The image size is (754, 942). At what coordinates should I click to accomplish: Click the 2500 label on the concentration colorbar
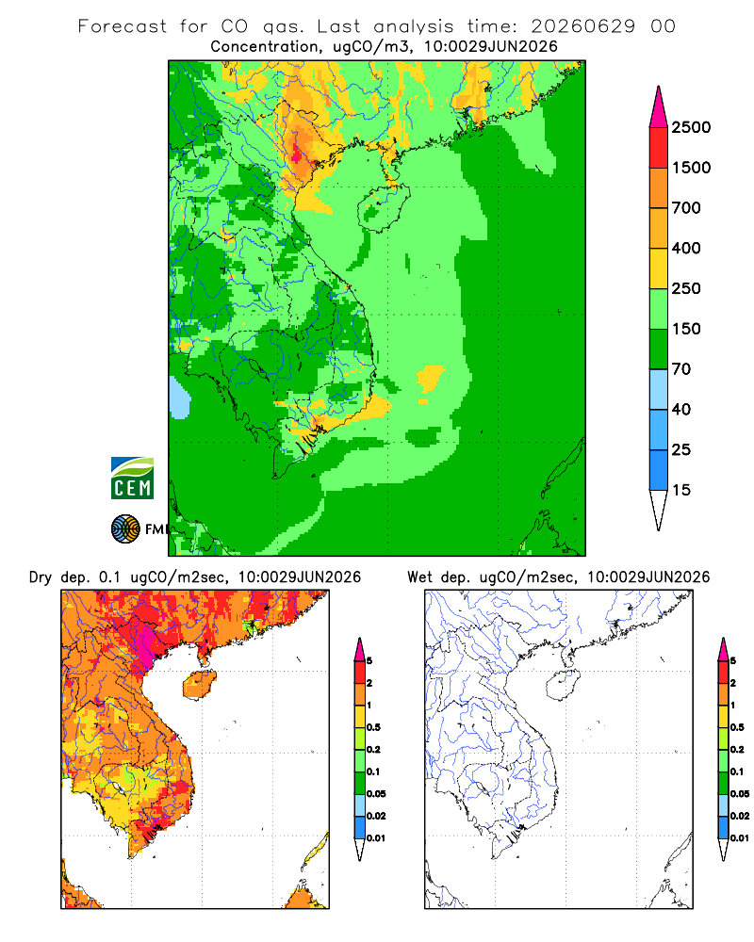point(691,127)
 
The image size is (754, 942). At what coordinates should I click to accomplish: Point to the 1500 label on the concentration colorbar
point(691,168)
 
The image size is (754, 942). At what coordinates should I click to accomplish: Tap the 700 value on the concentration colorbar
point(686,208)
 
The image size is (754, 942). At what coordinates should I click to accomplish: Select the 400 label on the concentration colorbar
point(686,248)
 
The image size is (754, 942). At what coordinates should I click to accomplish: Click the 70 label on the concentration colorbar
point(681,369)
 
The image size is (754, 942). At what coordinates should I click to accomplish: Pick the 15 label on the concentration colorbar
point(681,490)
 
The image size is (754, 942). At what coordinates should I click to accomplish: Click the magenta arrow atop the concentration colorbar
point(659,107)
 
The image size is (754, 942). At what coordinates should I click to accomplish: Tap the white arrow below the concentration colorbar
point(659,510)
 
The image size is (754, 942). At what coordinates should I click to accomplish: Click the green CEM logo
point(132,478)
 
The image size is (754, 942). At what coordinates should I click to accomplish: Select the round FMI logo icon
point(125,529)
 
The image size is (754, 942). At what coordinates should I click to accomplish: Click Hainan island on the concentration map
point(383,208)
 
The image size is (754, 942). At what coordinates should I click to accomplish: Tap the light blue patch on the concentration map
point(179,398)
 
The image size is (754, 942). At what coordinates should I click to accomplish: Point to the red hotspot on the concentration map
point(297,155)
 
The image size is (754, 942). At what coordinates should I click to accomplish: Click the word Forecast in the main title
point(123,26)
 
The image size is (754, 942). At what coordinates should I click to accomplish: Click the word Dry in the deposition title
point(41,577)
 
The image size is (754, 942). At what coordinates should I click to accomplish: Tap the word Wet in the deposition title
point(419,577)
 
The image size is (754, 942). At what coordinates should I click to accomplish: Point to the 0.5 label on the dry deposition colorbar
point(373,727)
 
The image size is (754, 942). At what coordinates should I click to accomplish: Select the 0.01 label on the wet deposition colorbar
point(740,838)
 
